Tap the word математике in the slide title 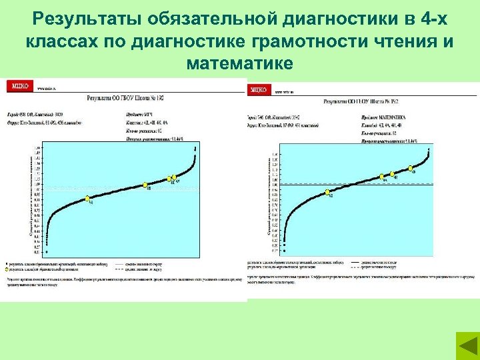point(240,64)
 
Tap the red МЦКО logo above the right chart point(259,89)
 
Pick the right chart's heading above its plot point(360,101)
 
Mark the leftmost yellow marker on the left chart point(87,199)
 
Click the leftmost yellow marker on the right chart point(328,192)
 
